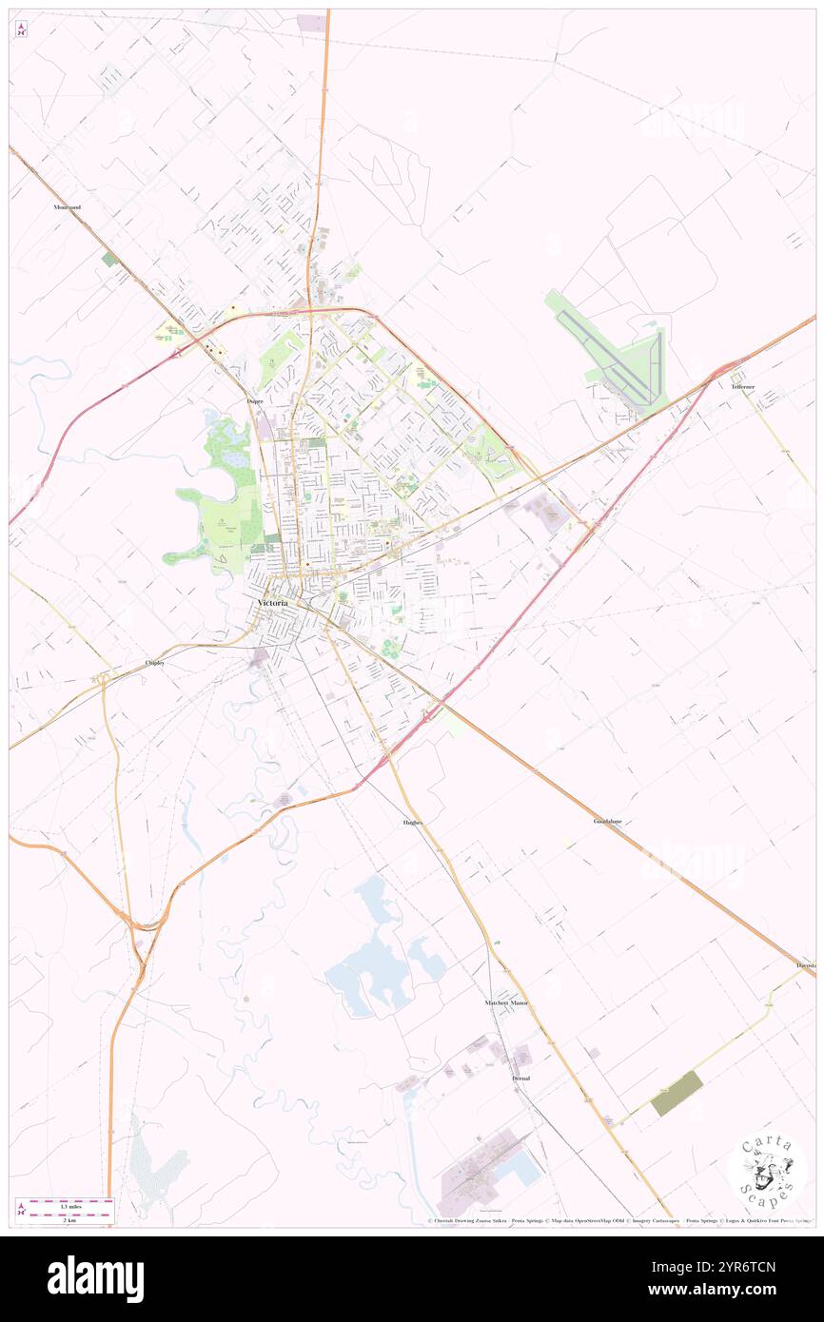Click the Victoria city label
pyautogui.click(x=272, y=603)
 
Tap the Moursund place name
pyautogui.click(x=68, y=206)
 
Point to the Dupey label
pyautogui.click(x=255, y=401)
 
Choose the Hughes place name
pyautogui.click(x=406, y=822)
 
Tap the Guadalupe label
pyautogui.click(x=609, y=820)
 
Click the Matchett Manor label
pyautogui.click(x=506, y=1002)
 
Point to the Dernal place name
pyautogui.click(x=520, y=1079)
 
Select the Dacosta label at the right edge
pyautogui.click(x=806, y=965)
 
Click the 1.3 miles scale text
pyautogui.click(x=65, y=1205)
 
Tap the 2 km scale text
pyautogui.click(x=65, y=1218)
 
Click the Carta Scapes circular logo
pyautogui.click(x=767, y=1172)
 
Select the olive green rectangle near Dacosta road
pyautogui.click(x=677, y=1094)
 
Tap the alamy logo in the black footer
pyautogui.click(x=95, y=1279)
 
